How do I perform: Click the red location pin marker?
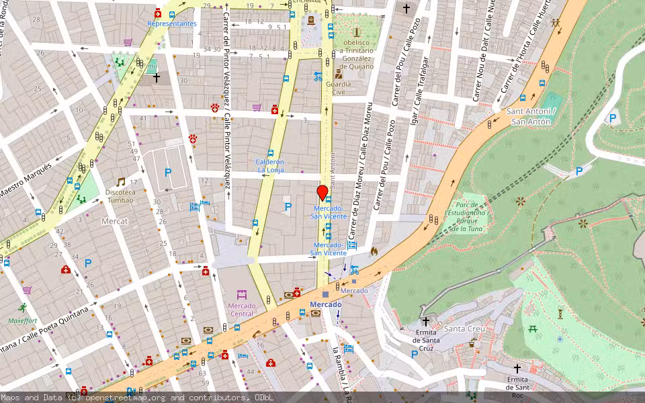[322, 192]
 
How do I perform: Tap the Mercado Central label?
[242, 310]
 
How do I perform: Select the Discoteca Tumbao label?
[120, 195]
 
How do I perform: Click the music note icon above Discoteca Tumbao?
[120, 182]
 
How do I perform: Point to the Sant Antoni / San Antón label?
[530, 116]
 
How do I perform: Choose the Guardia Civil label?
[338, 89]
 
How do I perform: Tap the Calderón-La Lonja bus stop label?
[269, 166]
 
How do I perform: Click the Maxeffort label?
[23, 320]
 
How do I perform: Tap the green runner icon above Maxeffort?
[23, 308]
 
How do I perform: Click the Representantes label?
[172, 24]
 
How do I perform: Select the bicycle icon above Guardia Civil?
[318, 76]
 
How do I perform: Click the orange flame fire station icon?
[374, 251]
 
